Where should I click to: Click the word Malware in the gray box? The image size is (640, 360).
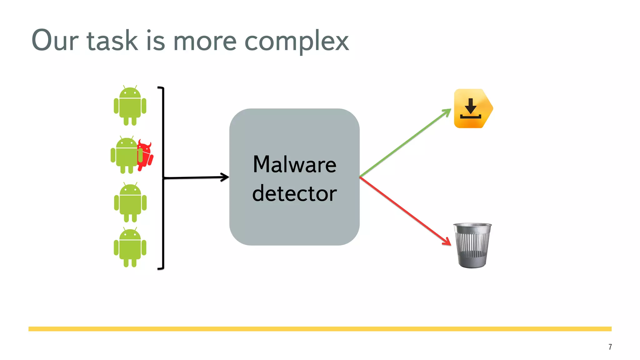[x=294, y=164]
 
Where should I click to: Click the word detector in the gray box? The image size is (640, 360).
[x=294, y=193]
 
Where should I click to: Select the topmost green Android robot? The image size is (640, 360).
[x=130, y=106]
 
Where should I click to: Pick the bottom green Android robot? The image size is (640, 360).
[x=130, y=247]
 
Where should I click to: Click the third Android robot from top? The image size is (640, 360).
[x=130, y=202]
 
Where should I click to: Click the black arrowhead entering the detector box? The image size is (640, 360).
[x=225, y=177]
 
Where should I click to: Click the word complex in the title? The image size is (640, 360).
[x=296, y=41]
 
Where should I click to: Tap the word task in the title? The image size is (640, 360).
[x=112, y=41]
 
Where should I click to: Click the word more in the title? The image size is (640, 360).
[x=205, y=42]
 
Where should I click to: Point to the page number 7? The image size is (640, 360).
[x=610, y=347]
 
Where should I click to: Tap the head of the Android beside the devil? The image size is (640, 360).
[x=127, y=143]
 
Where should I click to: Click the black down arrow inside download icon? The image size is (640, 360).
[x=471, y=106]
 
